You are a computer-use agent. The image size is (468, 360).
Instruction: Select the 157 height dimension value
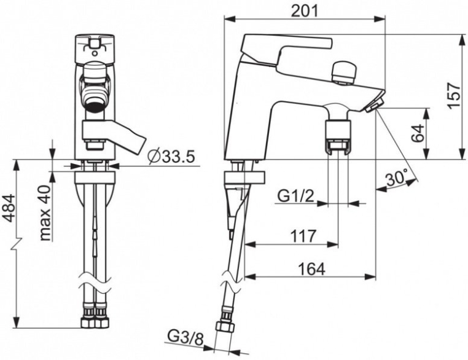(x=453, y=96)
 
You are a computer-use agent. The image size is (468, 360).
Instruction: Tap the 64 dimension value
(x=419, y=133)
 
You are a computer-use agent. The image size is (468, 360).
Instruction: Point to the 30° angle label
(x=397, y=179)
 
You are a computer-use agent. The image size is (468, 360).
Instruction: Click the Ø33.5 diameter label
(x=171, y=157)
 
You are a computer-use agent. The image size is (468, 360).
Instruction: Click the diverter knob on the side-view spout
(x=343, y=72)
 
